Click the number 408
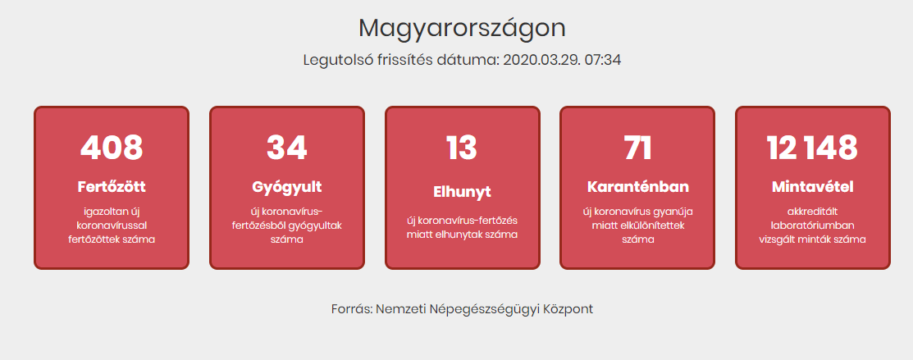click(x=112, y=148)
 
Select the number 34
click(x=287, y=148)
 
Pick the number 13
click(x=462, y=148)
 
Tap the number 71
click(x=637, y=148)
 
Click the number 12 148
click(x=812, y=148)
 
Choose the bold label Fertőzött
click(x=112, y=187)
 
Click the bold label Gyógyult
click(x=287, y=188)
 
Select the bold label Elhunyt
click(x=463, y=192)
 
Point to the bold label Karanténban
click(x=637, y=187)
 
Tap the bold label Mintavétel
click(x=812, y=187)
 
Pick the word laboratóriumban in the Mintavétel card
click(x=812, y=225)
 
